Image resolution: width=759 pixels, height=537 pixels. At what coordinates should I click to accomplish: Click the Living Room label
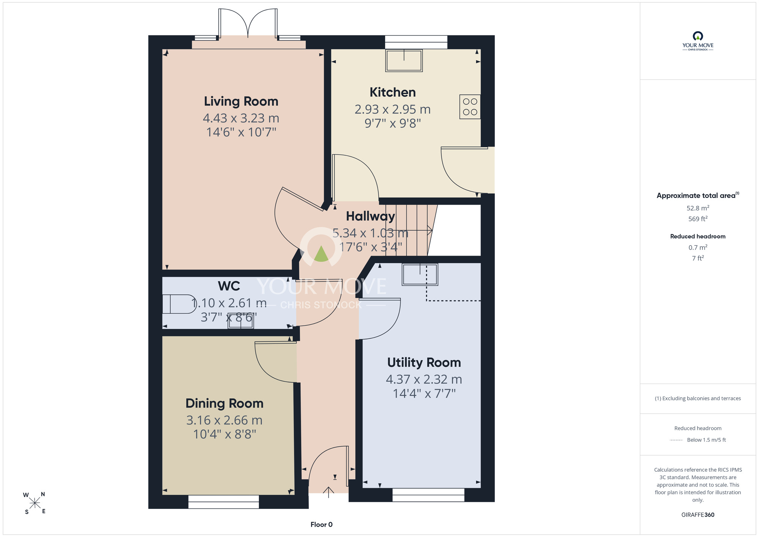[241, 101]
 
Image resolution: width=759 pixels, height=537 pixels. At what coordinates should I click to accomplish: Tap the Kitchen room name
[393, 92]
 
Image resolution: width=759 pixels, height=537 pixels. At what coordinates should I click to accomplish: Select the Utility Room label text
[424, 363]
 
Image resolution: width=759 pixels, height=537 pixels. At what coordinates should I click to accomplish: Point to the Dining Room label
[224, 403]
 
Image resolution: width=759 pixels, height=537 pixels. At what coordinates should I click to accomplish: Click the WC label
[229, 286]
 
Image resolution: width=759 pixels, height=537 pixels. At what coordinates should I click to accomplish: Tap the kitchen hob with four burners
[470, 107]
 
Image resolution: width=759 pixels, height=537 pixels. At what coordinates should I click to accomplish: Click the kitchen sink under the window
[404, 60]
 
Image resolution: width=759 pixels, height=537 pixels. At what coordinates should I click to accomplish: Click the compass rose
[35, 503]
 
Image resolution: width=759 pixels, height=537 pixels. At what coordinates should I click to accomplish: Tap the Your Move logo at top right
[698, 41]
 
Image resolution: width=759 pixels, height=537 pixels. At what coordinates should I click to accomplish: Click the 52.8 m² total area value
[698, 208]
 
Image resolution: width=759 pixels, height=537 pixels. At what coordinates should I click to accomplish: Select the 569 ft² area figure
[698, 219]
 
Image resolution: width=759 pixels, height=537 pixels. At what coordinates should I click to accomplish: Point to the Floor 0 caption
[321, 524]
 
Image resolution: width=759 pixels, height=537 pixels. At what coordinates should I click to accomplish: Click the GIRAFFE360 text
[698, 515]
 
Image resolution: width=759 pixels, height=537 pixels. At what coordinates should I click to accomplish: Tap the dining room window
[224, 502]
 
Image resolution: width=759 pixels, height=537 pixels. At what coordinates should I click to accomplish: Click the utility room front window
[428, 495]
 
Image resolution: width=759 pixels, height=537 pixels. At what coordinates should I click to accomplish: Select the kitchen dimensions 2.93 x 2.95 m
[393, 109]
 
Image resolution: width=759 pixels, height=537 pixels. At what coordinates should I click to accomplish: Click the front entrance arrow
[328, 492]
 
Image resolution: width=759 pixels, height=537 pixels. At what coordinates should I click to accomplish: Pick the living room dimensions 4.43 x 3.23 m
[241, 118]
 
